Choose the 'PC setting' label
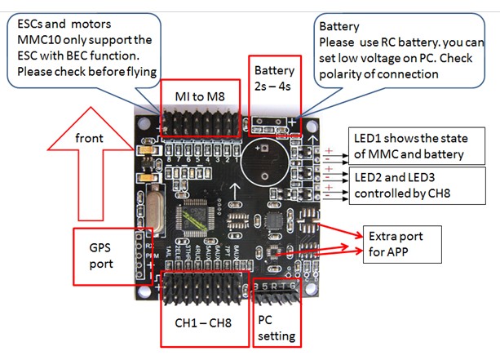pyautogui.click(x=274, y=327)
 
